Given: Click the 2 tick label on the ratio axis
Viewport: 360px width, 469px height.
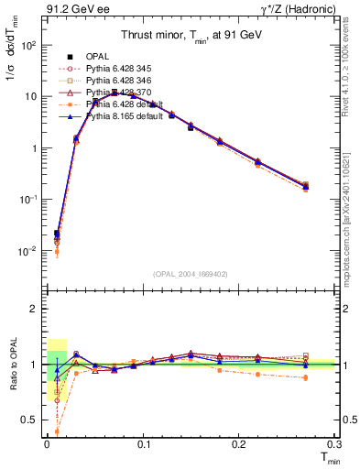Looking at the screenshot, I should coord(34,309).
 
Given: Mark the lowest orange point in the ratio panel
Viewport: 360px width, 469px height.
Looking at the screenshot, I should coord(57,431).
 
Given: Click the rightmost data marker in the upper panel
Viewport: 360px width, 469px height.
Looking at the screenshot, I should coord(306,186).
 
